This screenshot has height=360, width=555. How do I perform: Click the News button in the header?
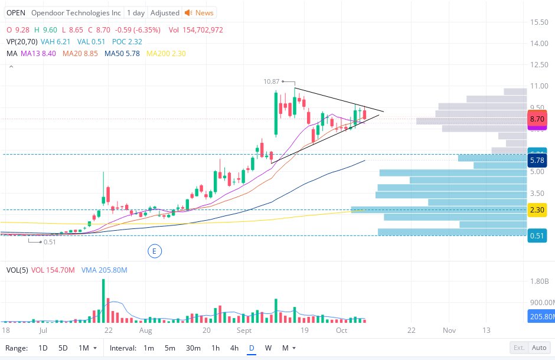click(200, 12)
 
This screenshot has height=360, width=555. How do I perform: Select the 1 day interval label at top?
click(136, 12)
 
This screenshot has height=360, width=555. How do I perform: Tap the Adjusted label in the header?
click(165, 12)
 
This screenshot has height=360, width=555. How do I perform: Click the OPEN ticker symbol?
click(16, 12)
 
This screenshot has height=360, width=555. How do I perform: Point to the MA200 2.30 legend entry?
click(166, 53)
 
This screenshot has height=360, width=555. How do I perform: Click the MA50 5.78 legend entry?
click(122, 53)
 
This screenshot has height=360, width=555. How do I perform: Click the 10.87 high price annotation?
click(271, 81)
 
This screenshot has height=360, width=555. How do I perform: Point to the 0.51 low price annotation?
click(50, 241)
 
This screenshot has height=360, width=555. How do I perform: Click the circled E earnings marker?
click(154, 251)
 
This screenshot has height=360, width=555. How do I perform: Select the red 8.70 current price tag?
click(537, 119)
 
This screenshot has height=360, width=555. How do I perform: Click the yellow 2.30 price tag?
click(537, 210)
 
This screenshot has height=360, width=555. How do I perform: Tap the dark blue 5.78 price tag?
click(537, 161)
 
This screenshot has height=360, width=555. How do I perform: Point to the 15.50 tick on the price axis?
click(539, 22)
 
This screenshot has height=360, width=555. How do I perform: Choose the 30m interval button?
click(193, 348)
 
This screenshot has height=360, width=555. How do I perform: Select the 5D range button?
click(63, 348)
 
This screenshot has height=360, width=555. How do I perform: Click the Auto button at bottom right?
click(538, 348)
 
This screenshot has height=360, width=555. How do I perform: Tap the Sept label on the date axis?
click(244, 330)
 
